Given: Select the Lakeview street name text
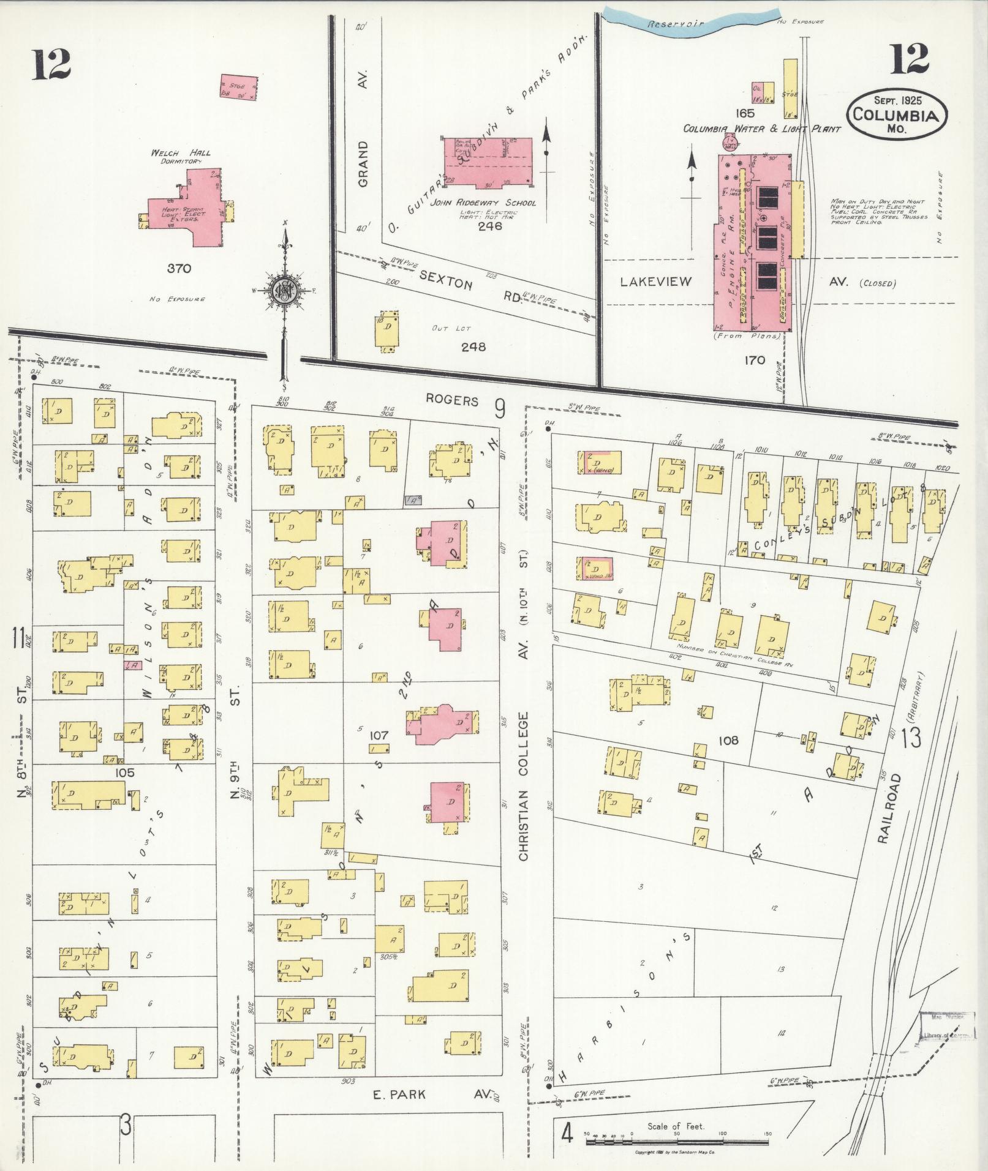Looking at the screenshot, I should coord(655,282).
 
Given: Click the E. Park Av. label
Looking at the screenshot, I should coord(432,1094).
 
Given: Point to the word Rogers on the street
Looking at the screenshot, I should coord(452,400).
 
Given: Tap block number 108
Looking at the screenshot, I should coord(728,740).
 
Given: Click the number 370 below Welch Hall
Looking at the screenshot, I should coord(179,268).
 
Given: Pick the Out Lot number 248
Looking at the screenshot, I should coord(473,346).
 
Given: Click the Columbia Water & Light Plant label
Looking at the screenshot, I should coord(762,129).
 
